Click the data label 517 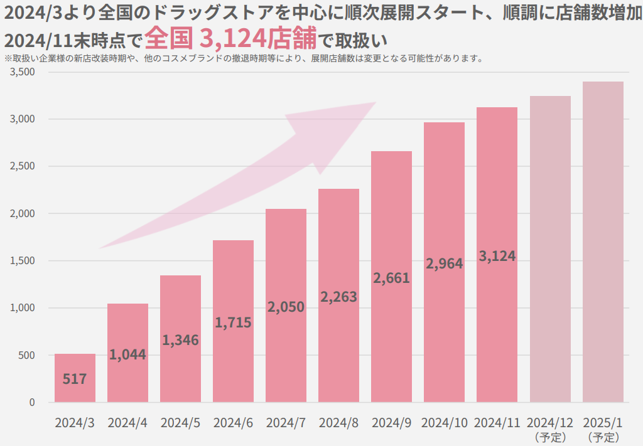[x=75, y=379]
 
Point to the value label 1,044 [x=127, y=354]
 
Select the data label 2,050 [x=286, y=307]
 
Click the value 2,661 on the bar [x=391, y=277]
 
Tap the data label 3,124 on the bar [x=497, y=256]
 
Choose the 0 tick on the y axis [x=32, y=402]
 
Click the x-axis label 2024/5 [x=180, y=422]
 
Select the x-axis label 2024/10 [x=444, y=422]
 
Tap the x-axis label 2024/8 [x=338, y=422]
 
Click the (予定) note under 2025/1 [x=603, y=436]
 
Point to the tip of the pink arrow [x=375, y=103]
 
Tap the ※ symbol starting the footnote [x=8, y=60]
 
